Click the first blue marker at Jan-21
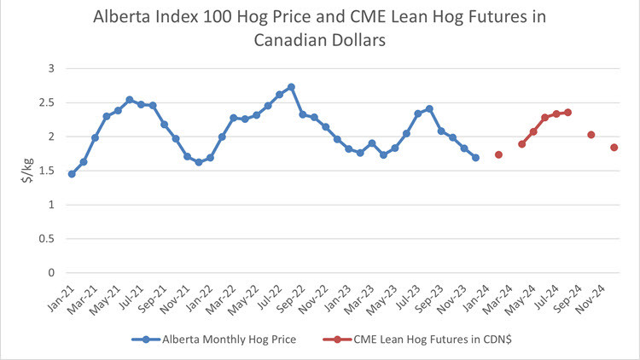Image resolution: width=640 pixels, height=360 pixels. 72,174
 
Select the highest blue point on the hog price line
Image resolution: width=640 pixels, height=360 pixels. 291,87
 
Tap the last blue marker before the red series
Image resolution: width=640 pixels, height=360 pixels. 475,158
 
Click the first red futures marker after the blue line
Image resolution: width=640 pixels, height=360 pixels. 498,154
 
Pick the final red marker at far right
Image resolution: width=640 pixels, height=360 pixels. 614,148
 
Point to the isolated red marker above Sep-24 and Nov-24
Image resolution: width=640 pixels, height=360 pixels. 591,135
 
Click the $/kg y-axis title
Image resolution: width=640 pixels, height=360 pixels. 26,171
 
